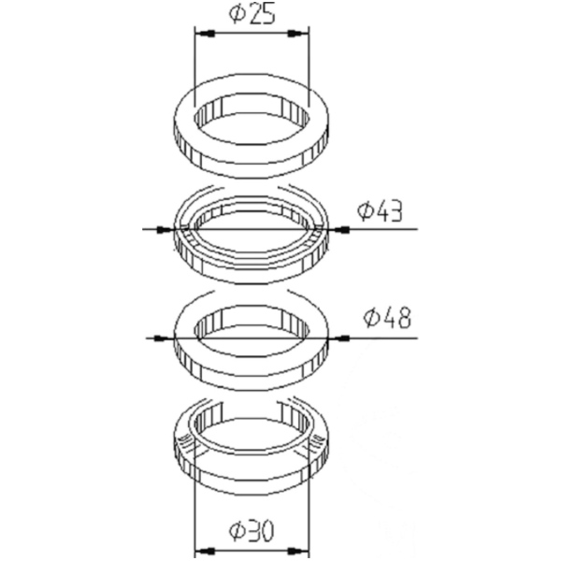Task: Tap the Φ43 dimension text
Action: click(381, 212)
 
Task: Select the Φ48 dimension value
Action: click(387, 318)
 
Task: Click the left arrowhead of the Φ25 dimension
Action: click(205, 34)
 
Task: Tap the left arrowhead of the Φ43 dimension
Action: click(165, 229)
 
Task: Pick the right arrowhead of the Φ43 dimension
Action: click(337, 229)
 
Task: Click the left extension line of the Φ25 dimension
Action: click(194, 65)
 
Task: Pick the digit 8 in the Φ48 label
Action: click(403, 318)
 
